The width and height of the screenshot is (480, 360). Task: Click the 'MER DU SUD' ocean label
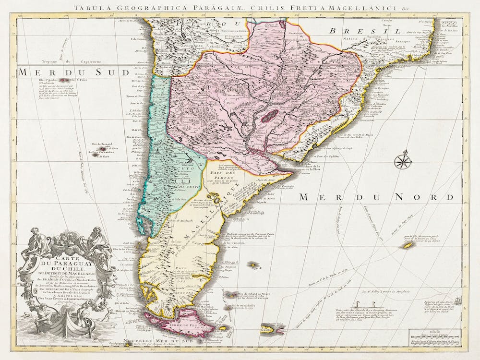[74, 73]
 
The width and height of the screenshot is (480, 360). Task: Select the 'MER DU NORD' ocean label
[375, 197]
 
